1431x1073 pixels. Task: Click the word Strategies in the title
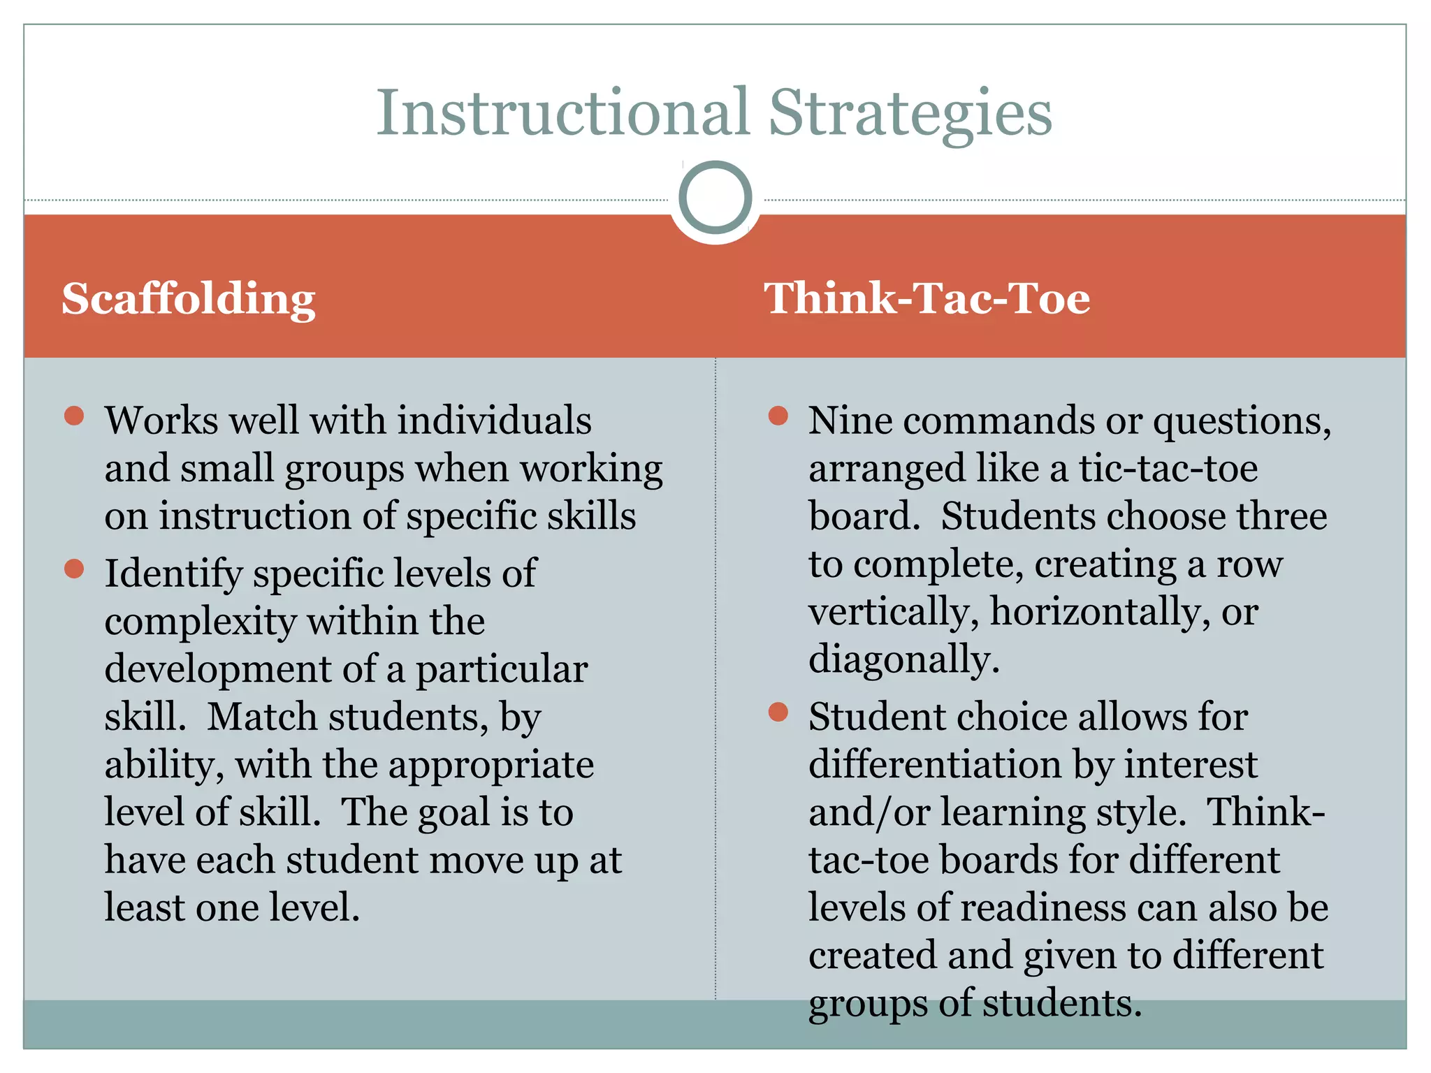pos(910,113)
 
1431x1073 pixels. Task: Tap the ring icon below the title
pos(715,198)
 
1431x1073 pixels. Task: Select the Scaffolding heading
pos(189,299)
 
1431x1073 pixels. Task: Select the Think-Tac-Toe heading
pos(927,299)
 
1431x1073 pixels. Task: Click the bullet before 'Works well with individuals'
pos(74,416)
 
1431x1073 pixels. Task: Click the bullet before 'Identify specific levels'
pos(74,569)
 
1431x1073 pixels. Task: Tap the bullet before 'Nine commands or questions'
pos(778,416)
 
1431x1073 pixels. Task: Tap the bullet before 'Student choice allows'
pos(778,713)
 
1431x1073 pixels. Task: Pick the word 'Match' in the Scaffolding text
pos(262,717)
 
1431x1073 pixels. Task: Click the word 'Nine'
pos(850,421)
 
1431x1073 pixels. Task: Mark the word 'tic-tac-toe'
pos(1168,468)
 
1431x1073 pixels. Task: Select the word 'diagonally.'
pos(904,659)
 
